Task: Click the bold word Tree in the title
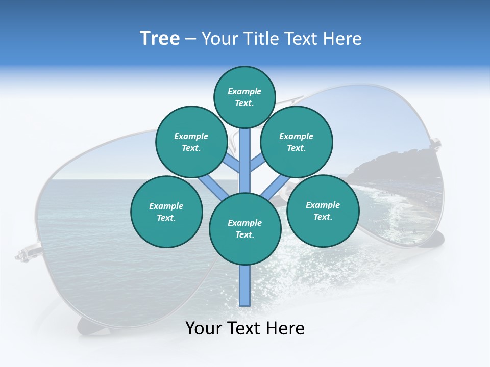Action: pyautogui.click(x=160, y=39)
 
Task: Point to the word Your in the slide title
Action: pyautogui.click(x=221, y=39)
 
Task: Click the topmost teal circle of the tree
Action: pyautogui.click(x=244, y=97)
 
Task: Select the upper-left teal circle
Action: pyautogui.click(x=191, y=142)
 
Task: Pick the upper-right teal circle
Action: pyautogui.click(x=297, y=142)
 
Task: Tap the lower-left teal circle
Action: pyautogui.click(x=166, y=212)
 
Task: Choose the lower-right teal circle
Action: pyautogui.click(x=323, y=211)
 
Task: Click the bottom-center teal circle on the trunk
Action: pyautogui.click(x=245, y=229)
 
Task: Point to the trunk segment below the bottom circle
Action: pyautogui.click(x=245, y=285)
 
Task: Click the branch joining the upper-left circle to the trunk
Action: pyautogui.click(x=232, y=164)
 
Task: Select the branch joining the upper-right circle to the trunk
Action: pyautogui.click(x=257, y=164)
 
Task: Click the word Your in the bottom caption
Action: pyautogui.click(x=204, y=328)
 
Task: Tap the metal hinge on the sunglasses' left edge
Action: pyautogui.click(x=24, y=253)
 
